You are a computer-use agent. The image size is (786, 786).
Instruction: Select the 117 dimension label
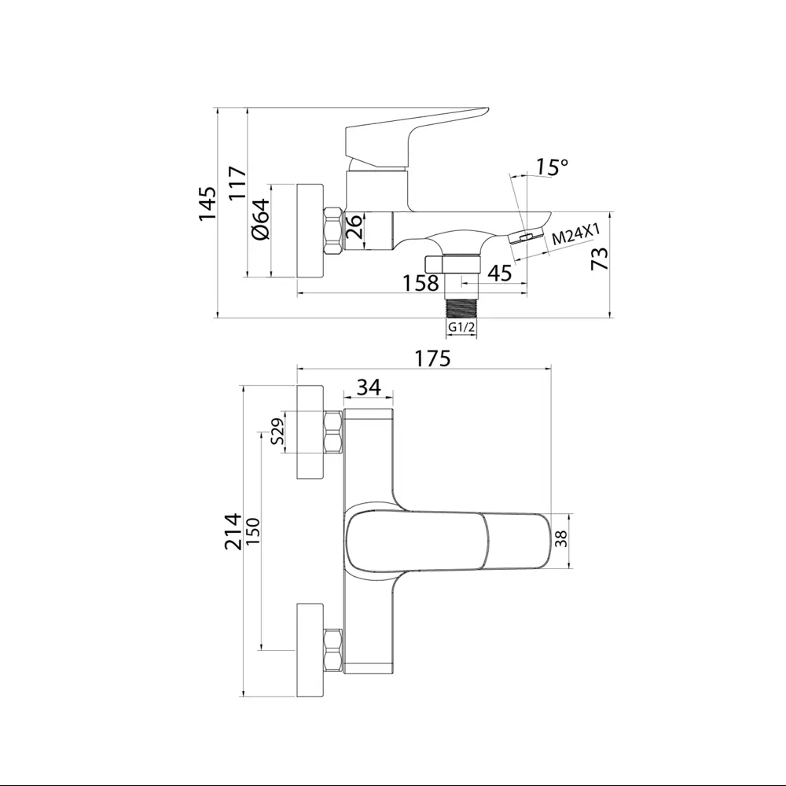point(237,183)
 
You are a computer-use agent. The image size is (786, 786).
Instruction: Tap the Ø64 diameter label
point(261,219)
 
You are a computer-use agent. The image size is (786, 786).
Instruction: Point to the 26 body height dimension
point(354,226)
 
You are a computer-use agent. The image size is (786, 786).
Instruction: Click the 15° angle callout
point(553,167)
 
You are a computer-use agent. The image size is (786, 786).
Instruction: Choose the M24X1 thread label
point(575,234)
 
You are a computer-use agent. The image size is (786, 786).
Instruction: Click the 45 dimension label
point(500,274)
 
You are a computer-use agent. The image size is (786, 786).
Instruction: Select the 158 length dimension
point(421,283)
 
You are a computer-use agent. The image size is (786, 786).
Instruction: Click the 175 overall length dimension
point(433,358)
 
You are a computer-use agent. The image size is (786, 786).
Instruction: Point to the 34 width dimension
point(369,387)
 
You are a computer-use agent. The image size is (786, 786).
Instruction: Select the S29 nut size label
point(277,432)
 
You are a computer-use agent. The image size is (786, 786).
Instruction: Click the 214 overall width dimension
point(233,531)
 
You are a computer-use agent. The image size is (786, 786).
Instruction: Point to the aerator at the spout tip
point(527,237)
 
